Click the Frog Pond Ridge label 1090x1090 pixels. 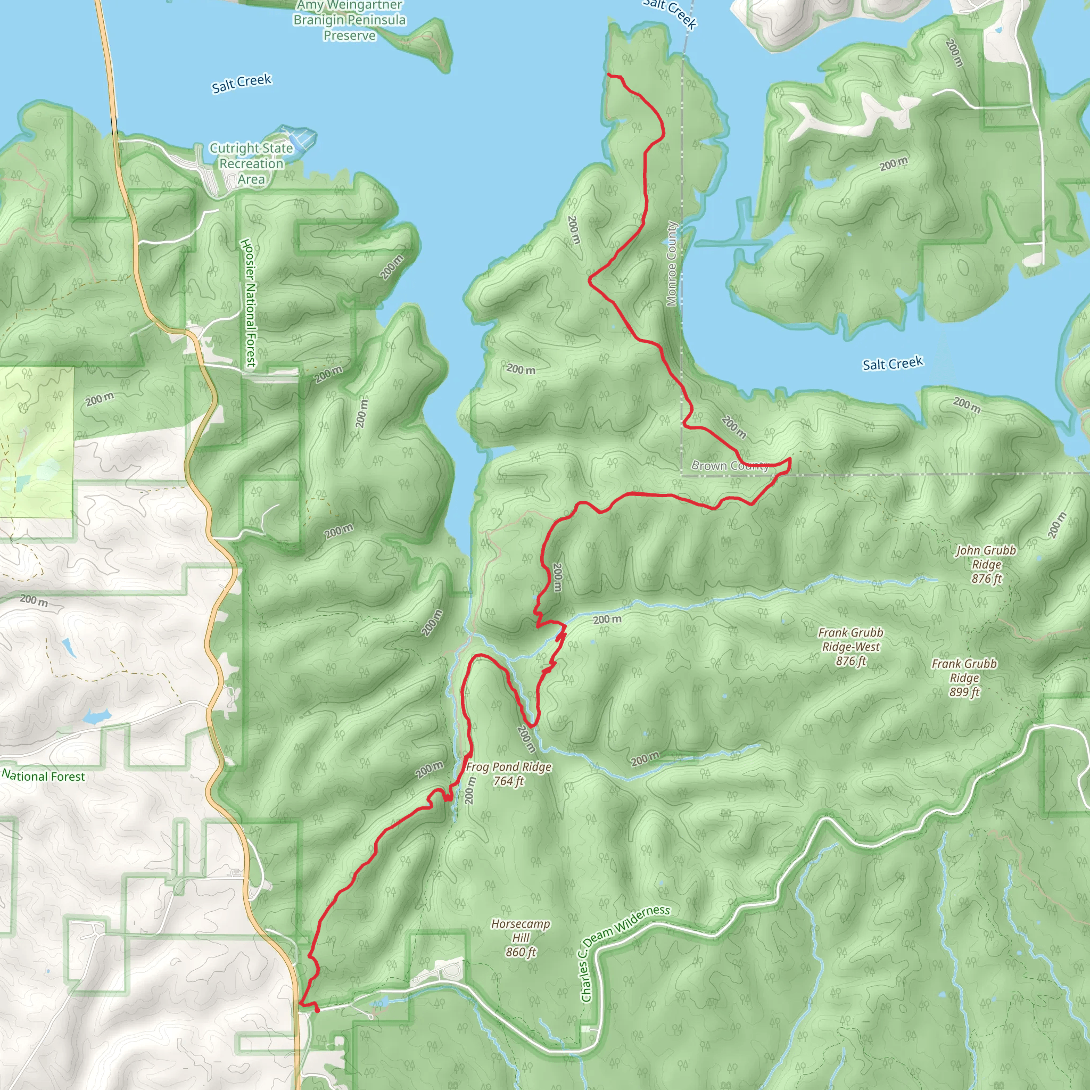point(508,773)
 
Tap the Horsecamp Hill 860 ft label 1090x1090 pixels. point(520,938)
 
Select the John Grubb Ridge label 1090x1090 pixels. point(986,564)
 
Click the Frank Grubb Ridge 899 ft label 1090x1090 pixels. point(964,678)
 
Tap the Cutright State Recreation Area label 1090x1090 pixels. point(251,163)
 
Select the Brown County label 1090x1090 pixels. point(730,466)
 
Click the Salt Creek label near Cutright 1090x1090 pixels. point(242,83)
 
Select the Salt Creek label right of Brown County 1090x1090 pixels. point(893,364)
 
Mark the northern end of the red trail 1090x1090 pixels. point(608,75)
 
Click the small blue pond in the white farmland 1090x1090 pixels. point(96,717)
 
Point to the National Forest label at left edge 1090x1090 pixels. point(44,776)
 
